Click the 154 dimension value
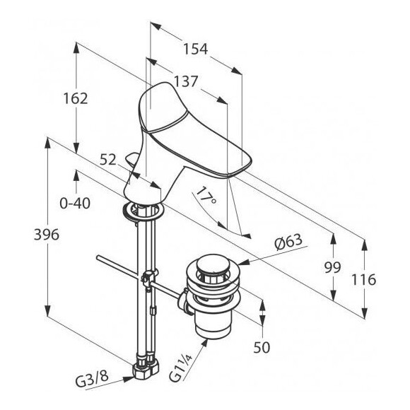pos(195,49)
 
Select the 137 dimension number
pos(186,81)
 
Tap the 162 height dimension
pos(76,98)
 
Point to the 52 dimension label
pos(107,160)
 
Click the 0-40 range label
pos(75,203)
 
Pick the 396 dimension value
pos(47,235)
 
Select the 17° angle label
pos(206,196)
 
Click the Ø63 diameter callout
pos(288,242)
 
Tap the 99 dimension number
pos(333,267)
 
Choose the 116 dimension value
pos(363,279)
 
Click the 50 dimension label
pos(262,348)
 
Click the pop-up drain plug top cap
pos(213,264)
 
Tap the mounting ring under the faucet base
pos(143,210)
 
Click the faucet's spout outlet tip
pos(239,169)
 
